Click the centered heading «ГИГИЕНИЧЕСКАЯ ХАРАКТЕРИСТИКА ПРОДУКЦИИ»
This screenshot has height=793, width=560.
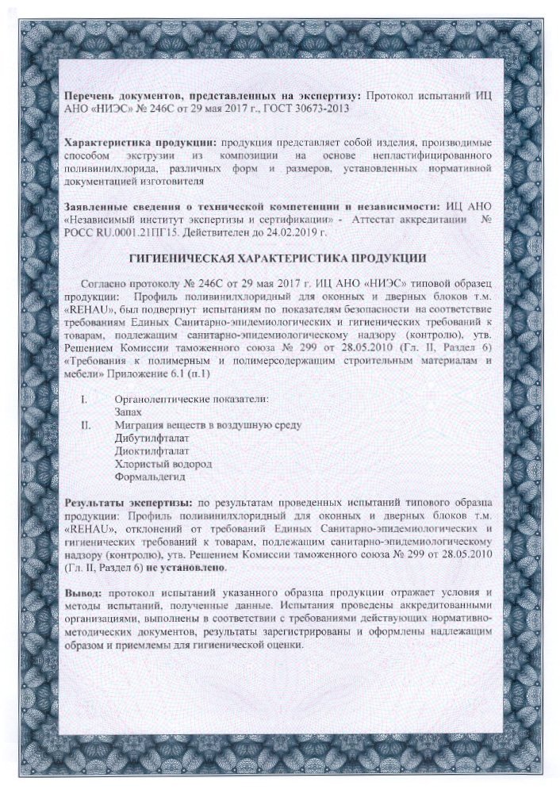pyautogui.click(x=278, y=259)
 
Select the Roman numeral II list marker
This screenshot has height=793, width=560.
pyautogui.click(x=86, y=425)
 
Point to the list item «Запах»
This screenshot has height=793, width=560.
pyautogui.click(x=128, y=412)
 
